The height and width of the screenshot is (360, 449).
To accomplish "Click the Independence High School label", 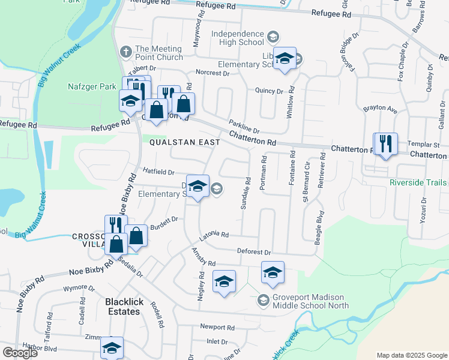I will [x=237, y=38].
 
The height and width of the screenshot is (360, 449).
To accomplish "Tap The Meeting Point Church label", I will [x=158, y=53].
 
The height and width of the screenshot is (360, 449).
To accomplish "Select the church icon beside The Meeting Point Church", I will [x=125, y=50].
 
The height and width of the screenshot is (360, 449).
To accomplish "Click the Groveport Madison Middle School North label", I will [x=310, y=301].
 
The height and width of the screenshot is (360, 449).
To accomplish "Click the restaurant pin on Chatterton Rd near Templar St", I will [x=385, y=144].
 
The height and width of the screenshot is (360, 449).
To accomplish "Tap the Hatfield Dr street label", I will [x=157, y=172].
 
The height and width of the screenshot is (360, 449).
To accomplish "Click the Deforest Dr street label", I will [x=254, y=253].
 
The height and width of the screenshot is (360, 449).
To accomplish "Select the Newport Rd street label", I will [x=217, y=328].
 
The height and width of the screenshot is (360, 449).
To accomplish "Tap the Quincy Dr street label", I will [x=268, y=91].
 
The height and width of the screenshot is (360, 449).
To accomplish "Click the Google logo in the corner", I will [x=19, y=353].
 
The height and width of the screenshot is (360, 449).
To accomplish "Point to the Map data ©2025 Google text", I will [x=411, y=355].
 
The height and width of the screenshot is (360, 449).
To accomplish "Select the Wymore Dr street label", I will [x=79, y=288].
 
